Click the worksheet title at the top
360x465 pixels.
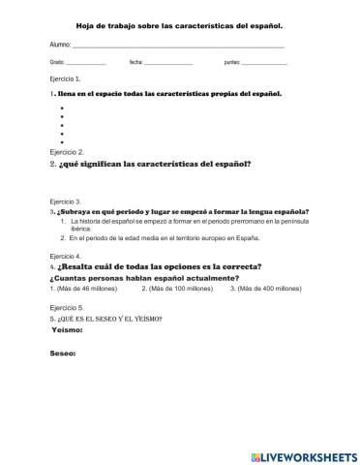click(180, 26)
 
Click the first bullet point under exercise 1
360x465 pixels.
click(62, 108)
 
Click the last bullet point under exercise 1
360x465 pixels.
click(62, 142)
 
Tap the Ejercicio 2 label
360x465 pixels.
click(66, 152)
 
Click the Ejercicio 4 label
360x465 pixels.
click(66, 257)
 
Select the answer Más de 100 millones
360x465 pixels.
click(178, 289)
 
